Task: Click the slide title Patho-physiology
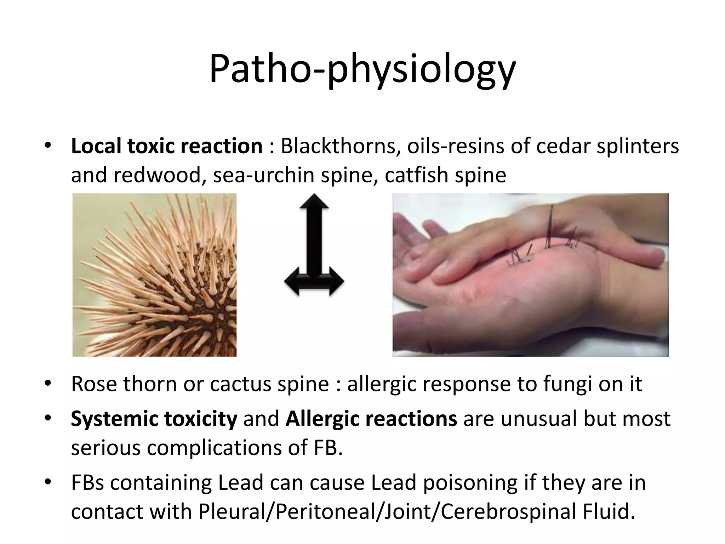coord(362,69)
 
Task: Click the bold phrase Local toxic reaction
coord(166,146)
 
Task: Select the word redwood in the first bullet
coord(156,175)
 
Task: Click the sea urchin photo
coord(154,275)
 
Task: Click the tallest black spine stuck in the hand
coord(550,227)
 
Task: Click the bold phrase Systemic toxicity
coord(154,419)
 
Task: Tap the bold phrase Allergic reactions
coord(371,419)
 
